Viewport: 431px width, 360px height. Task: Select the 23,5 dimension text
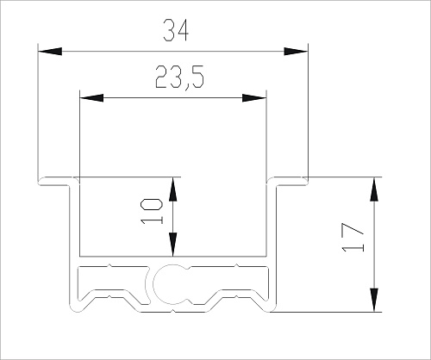tap(178, 79)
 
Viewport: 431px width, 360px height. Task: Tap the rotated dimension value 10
tap(151, 210)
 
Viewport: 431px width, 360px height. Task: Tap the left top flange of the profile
tap(56, 182)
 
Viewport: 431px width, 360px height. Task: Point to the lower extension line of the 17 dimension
tap(328, 312)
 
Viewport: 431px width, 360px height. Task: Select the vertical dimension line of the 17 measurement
tap(374, 258)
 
